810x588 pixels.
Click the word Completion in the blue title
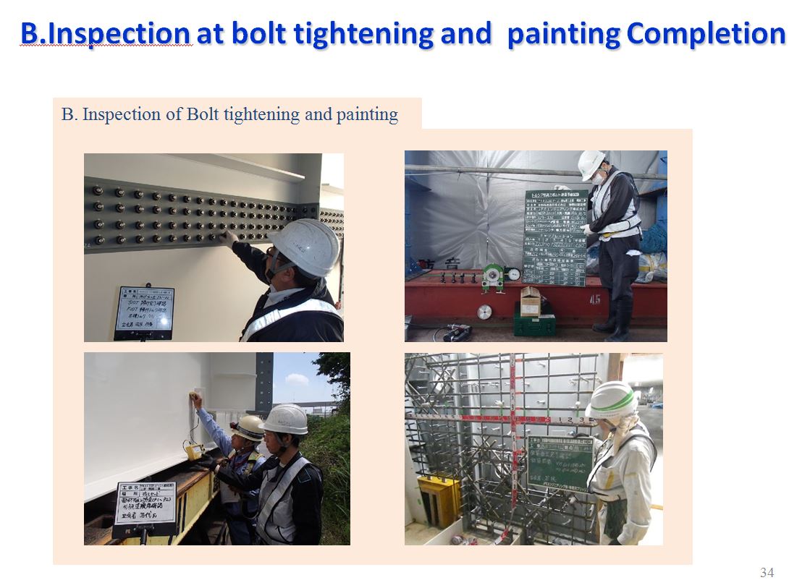706,33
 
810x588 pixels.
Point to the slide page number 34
767,573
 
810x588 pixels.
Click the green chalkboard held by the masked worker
555,237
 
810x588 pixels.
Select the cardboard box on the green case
531,300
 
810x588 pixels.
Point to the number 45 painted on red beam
595,297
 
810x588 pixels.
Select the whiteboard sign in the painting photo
145,504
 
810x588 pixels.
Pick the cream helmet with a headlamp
248,427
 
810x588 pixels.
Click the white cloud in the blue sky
297,378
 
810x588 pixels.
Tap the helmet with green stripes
612,400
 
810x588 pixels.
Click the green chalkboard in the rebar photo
560,464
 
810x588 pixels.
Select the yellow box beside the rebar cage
439,499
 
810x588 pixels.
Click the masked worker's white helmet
591,164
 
